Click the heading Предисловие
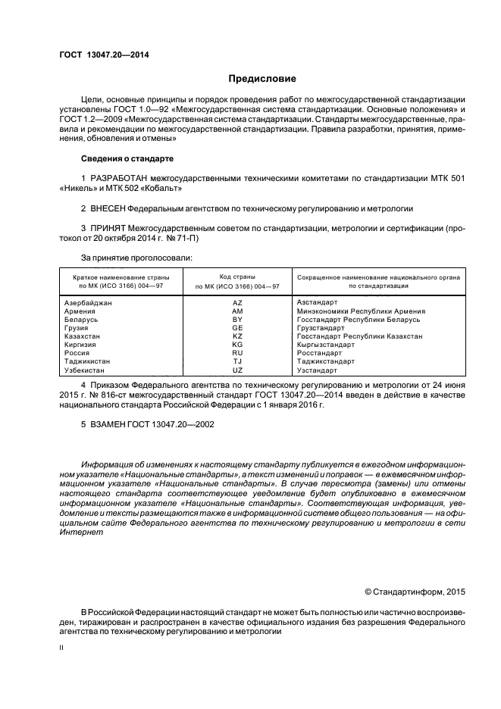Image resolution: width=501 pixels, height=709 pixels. tap(263, 79)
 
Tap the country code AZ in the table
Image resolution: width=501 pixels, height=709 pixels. tap(237, 302)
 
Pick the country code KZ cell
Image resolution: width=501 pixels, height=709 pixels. tap(237, 336)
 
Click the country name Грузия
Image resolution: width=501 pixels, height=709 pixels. tap(77, 327)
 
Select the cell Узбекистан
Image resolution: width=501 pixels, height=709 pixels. tap(85, 370)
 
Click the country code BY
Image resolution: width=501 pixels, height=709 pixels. tap(237, 319)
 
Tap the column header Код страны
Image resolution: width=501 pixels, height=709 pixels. tap(237, 277)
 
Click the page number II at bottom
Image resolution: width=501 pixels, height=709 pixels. tap(62, 648)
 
